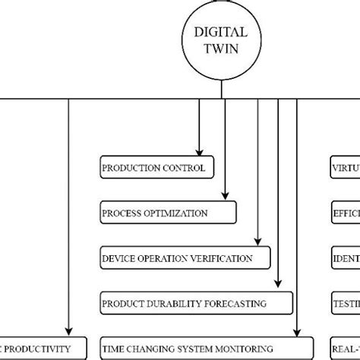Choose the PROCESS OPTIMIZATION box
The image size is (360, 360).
(x=169, y=213)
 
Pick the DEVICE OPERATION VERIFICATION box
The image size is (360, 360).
(x=186, y=258)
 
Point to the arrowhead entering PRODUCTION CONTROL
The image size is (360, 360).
(x=200, y=152)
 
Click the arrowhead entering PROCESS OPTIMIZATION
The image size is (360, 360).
(x=225, y=197)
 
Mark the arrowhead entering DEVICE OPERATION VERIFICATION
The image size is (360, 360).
(x=258, y=242)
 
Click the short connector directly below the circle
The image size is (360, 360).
(x=221, y=90)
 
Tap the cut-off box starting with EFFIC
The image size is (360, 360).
(x=345, y=213)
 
